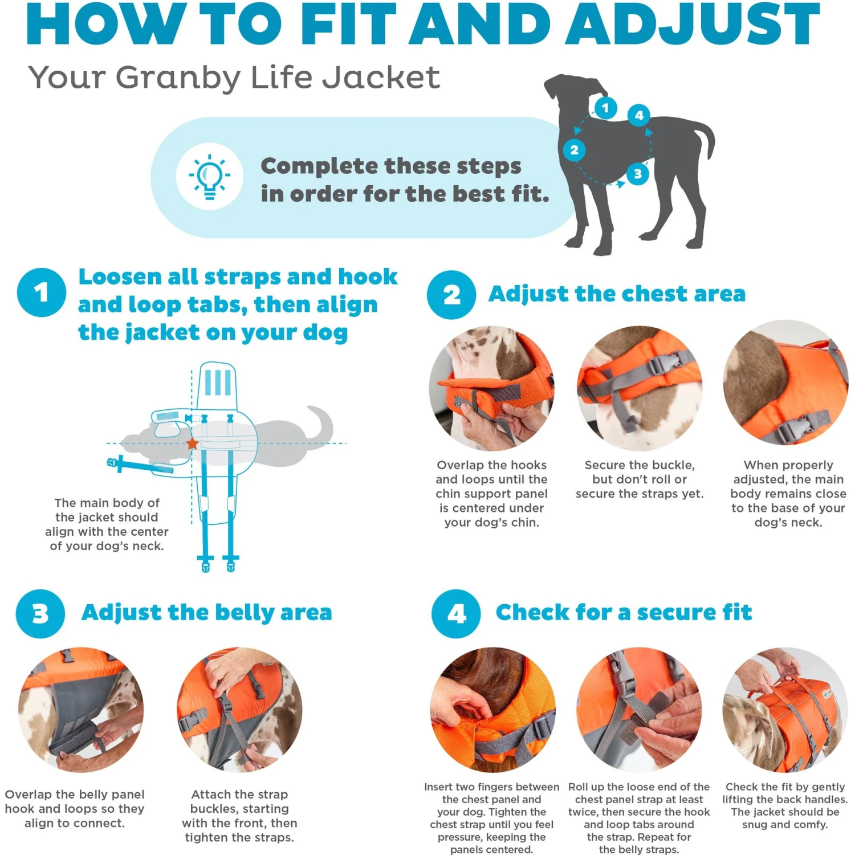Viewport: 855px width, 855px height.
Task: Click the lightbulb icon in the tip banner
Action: pos(210,177)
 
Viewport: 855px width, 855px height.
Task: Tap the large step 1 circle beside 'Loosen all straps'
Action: pos(42,292)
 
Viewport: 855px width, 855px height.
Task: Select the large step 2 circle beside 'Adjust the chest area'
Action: pos(451,295)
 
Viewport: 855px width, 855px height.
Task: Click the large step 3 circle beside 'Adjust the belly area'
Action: pos(40,614)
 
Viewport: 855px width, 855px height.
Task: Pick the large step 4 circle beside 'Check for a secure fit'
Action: pos(456,614)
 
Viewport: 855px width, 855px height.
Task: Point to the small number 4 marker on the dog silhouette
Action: pos(639,115)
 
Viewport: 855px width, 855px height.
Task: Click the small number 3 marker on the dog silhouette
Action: pos(638,174)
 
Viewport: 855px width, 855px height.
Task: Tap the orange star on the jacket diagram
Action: pos(192,443)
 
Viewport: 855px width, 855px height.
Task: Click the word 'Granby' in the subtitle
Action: pos(178,78)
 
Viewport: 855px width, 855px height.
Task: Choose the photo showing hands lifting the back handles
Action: pos(785,710)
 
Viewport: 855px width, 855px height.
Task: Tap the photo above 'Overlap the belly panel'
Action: pos(81,710)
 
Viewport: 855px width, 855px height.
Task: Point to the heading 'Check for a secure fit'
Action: pos(624,612)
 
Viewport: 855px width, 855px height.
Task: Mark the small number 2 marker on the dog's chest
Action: pos(575,150)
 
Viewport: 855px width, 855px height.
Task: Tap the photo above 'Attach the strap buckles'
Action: pos(239,710)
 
